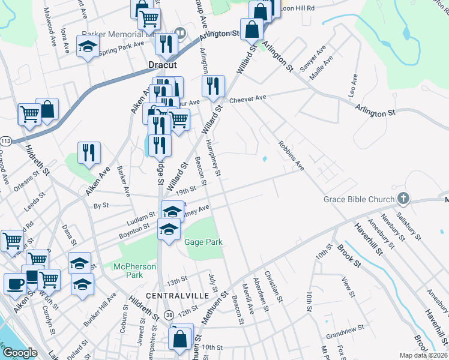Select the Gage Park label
[204, 242]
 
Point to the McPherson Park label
[135, 271]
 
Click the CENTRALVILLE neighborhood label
[176, 296]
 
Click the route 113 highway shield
[6, 141]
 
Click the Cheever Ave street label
[247, 98]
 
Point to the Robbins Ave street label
[291, 155]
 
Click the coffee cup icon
[15, 283]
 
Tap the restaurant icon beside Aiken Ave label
[89, 152]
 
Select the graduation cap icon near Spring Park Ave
[88, 46]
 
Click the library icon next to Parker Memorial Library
[179, 32]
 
